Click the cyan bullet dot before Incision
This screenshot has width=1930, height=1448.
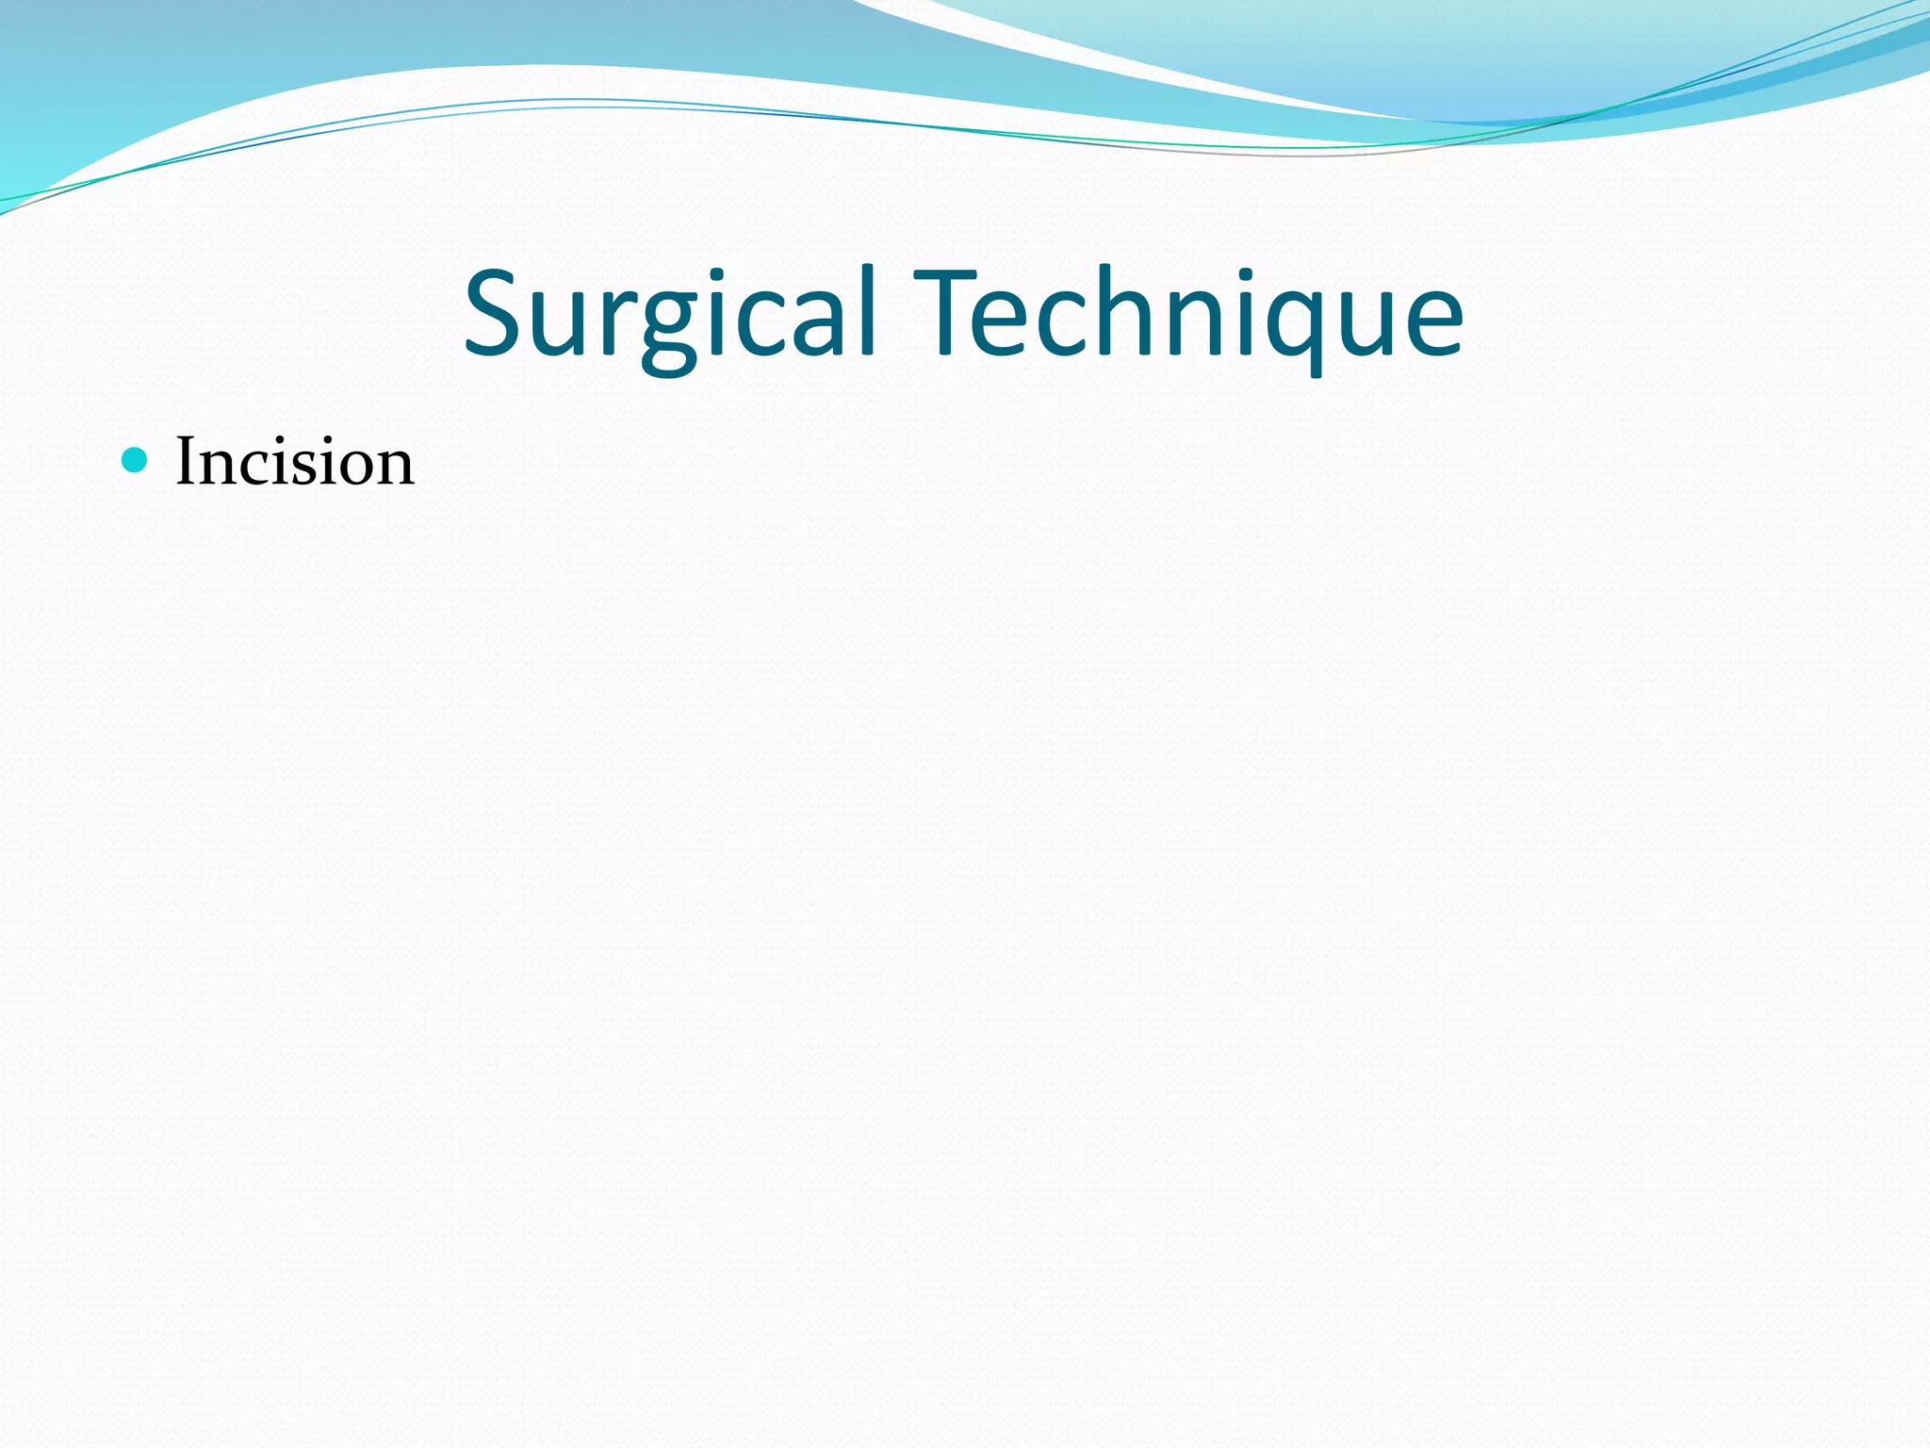click(x=136, y=460)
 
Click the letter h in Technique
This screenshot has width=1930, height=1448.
click(x=1112, y=314)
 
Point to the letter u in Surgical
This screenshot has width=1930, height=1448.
click(x=566, y=325)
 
